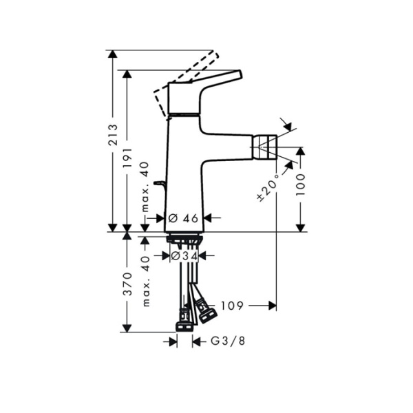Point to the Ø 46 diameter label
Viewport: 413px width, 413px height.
pos(183,218)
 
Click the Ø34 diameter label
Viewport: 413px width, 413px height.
pos(184,255)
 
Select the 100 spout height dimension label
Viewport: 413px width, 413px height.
pos(301,184)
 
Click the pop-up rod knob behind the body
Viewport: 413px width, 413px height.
pos(160,184)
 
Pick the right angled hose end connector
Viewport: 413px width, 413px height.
pos(206,313)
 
